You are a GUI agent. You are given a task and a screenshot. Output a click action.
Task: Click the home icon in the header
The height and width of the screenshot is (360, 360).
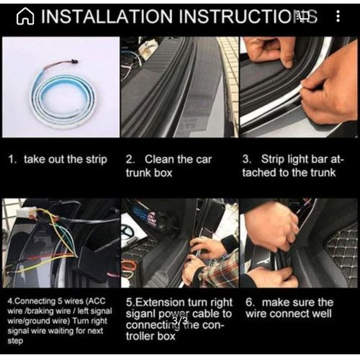(x=24, y=17)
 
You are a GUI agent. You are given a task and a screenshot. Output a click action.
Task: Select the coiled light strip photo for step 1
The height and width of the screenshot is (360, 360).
(x=60, y=87)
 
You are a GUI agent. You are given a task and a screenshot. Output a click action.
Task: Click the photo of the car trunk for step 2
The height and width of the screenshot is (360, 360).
(x=179, y=87)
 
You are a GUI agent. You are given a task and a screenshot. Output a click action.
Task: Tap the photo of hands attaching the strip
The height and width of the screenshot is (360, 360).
(x=298, y=87)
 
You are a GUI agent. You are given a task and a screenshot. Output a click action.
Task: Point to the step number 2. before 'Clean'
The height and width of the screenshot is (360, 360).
(x=130, y=159)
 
